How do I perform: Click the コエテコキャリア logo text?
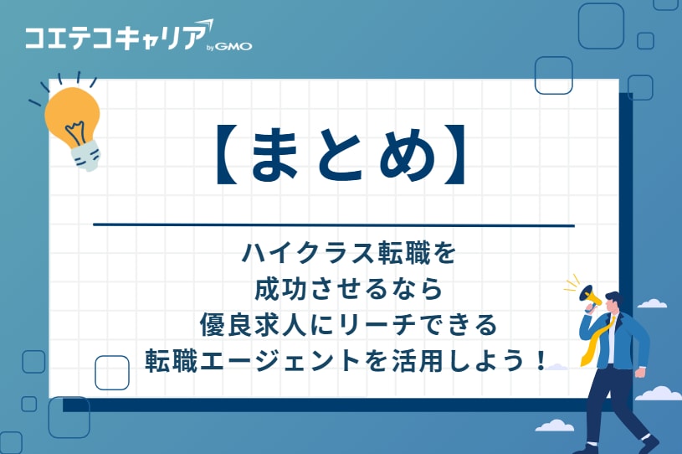point(113,39)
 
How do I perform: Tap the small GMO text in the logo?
point(233,47)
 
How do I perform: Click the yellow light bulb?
point(72,113)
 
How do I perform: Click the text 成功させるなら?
point(347,289)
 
